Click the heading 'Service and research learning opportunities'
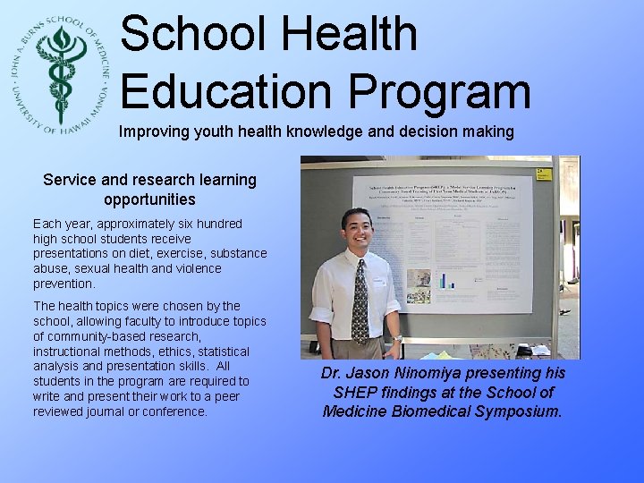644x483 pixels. tap(149, 189)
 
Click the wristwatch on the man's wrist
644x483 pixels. tap(396, 339)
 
